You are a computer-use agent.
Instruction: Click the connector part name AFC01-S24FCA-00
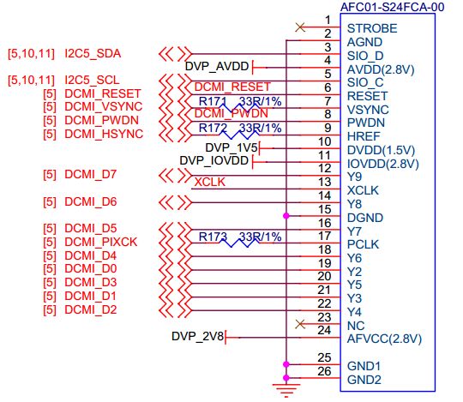(392, 7)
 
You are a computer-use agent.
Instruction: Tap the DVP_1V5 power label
(232, 147)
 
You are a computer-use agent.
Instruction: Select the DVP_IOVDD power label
(215, 159)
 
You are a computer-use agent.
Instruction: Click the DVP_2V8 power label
(196, 336)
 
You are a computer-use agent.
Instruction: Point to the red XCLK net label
(210, 182)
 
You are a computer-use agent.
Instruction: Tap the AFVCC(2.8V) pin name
(384, 338)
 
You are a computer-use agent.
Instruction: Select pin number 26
(323, 370)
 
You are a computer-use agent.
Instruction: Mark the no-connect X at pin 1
(299, 27)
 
